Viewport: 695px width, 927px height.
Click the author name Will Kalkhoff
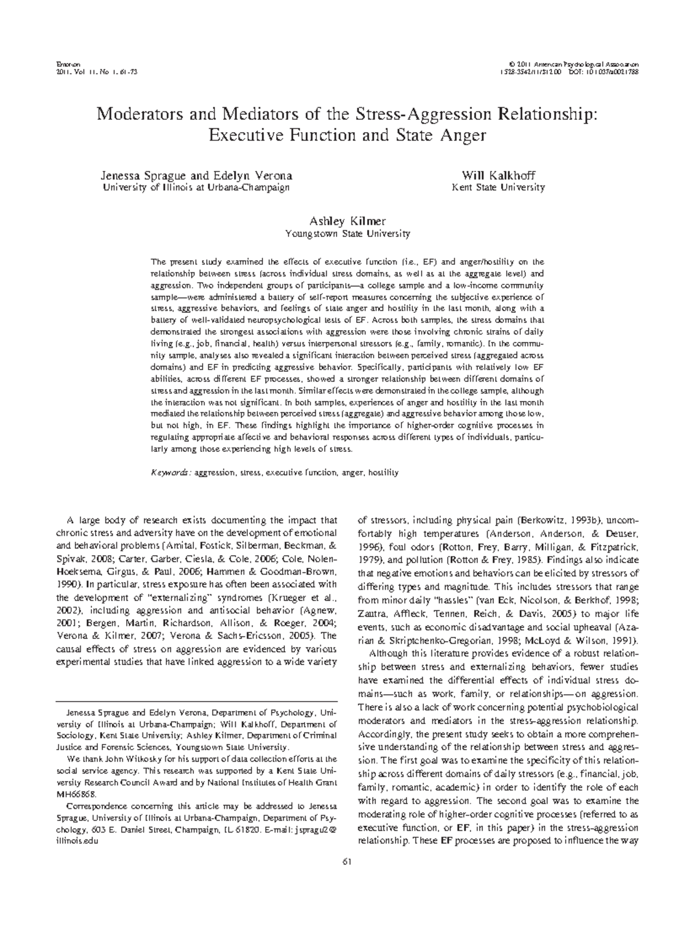point(498,176)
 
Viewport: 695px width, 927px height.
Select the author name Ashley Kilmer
point(348,221)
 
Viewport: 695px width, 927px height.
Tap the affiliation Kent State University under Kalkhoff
point(498,188)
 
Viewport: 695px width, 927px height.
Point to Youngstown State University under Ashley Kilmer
point(348,234)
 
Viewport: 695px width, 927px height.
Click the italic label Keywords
point(170,473)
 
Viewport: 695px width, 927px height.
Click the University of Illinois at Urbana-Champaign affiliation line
point(196,188)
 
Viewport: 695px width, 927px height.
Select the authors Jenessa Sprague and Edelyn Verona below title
point(196,176)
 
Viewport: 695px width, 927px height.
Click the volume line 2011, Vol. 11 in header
point(78,72)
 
